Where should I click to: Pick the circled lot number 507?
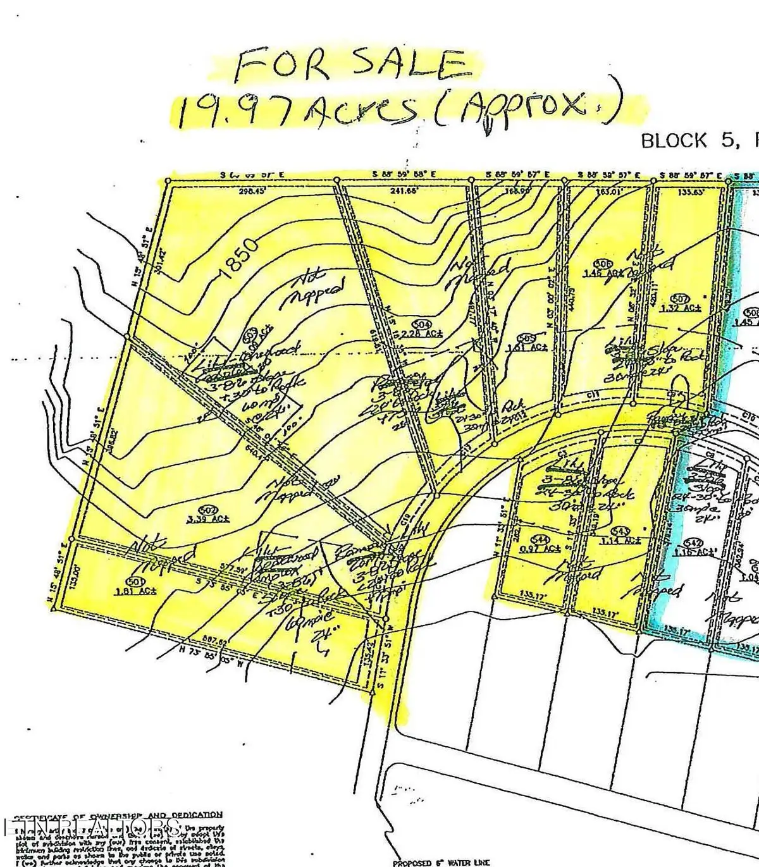[x=680, y=298]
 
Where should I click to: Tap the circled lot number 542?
[x=694, y=543]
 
